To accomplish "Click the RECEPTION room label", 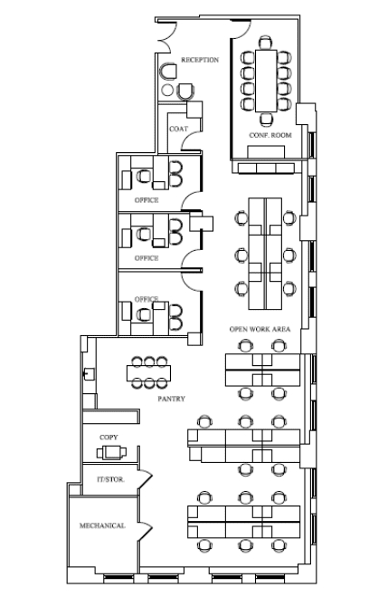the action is pos(200,60).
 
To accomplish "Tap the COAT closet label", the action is pos(178,129).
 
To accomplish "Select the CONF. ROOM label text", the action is pos(270,135).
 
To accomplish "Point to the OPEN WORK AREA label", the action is pos(260,330).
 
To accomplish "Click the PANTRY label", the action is pos(171,399).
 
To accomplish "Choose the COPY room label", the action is pos(109,438).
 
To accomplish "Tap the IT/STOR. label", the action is pos(110,479).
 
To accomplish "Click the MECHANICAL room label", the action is pos(102,525).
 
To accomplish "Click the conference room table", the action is pos(266,81).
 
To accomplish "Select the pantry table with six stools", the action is pos(148,373).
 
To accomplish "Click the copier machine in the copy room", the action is pos(111,452).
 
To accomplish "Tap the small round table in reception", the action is pos(167,90).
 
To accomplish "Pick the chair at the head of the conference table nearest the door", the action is pos(266,43).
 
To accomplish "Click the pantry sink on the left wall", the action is pos(90,374).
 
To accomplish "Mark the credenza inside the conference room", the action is pos(266,152).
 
